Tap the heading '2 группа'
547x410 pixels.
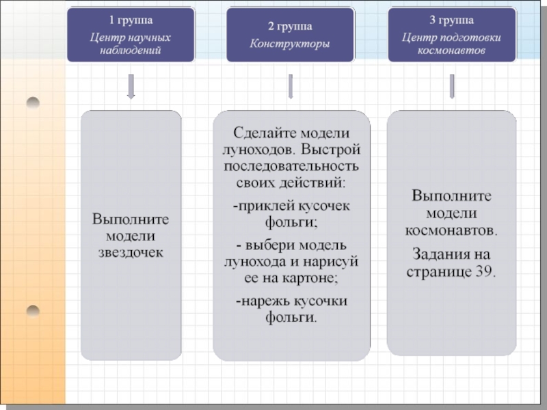pyautogui.click(x=289, y=27)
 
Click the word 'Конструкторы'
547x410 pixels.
pyautogui.click(x=289, y=44)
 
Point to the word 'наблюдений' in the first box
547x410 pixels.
pyautogui.click(x=131, y=51)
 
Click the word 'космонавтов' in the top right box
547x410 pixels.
pyautogui.click(x=451, y=51)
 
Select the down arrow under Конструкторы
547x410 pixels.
pyautogui.click(x=290, y=85)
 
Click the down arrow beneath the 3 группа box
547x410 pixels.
pyautogui.click(x=451, y=85)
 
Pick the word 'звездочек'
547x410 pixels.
pyautogui.click(x=131, y=253)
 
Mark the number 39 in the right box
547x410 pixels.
pyautogui.click(x=483, y=271)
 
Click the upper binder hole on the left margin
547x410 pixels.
pyautogui.click(x=33, y=102)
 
